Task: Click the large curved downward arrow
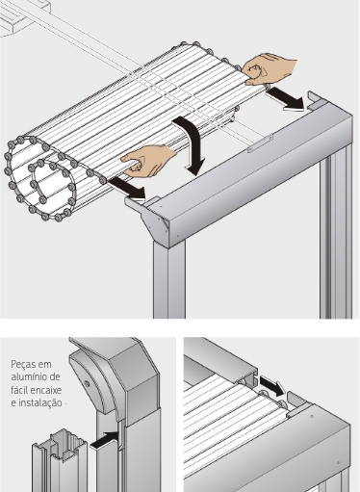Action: (x=193, y=142)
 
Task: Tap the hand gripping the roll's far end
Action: (x=269, y=68)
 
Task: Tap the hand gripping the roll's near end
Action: (x=148, y=161)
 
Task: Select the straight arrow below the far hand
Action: (x=286, y=99)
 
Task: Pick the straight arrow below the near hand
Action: (x=127, y=190)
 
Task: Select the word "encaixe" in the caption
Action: (x=46, y=390)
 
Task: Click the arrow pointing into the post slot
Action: (x=105, y=440)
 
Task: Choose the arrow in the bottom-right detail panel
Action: (x=271, y=385)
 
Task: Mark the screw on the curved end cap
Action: (x=87, y=383)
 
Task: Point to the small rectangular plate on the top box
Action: (x=260, y=142)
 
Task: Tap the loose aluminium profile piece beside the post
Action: (x=61, y=460)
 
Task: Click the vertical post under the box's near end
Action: (x=169, y=279)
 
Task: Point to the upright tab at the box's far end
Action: (x=316, y=100)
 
